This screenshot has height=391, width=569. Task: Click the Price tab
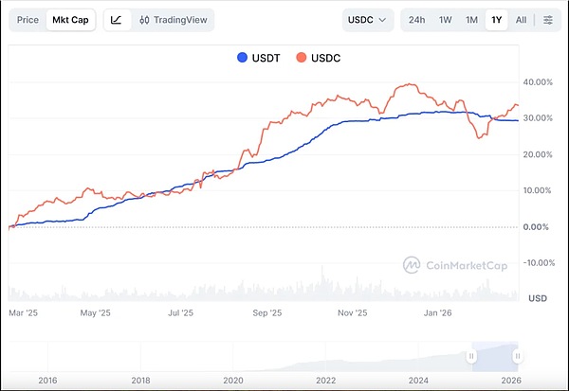point(28,19)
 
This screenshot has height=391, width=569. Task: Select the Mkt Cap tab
point(73,19)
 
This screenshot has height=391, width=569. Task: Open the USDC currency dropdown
point(368,19)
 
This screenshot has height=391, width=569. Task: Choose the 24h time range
point(416,19)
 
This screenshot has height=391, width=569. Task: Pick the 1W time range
point(445,19)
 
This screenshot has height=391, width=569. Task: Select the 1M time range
point(471,19)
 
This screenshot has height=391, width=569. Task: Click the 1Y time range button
point(496,19)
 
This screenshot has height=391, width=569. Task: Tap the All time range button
point(521,19)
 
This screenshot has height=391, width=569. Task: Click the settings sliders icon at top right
point(548,19)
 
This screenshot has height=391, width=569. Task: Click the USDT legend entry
point(258,58)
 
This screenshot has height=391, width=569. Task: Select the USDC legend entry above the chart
point(318,58)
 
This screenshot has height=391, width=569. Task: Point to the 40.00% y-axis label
point(538,82)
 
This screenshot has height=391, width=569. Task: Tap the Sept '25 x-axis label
point(268,311)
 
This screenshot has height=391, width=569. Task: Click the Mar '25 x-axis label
point(22,311)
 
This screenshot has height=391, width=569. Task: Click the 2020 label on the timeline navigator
point(233,380)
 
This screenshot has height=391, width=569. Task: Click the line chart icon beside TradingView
point(115,19)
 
